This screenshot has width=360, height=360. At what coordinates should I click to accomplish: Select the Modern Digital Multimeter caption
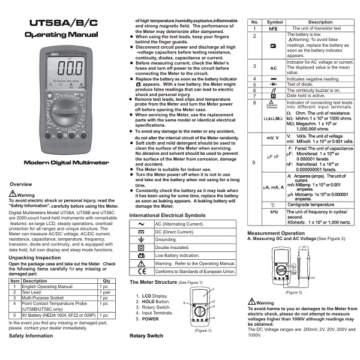pos(62,163)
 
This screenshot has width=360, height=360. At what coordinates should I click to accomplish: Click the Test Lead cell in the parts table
pos(34,292)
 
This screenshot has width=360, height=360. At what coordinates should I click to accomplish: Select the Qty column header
pos(106,281)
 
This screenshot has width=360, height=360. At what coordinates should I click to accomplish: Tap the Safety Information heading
pos(31,335)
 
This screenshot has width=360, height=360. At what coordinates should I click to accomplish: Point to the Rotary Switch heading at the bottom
pos(146,335)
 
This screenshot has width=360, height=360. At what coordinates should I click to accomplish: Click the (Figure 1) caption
pos(203,330)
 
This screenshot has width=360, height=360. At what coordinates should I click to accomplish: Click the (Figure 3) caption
pos(293,292)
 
